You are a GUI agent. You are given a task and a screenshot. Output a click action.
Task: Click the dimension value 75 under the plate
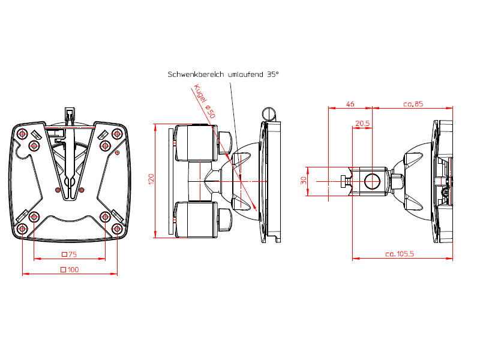(x=73, y=254)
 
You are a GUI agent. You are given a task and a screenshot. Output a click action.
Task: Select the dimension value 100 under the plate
(x=73, y=269)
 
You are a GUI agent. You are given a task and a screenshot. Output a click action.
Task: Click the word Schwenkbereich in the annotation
(x=196, y=74)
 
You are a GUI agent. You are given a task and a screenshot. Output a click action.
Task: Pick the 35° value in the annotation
(x=273, y=74)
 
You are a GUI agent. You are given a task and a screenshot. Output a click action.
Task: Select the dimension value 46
(x=350, y=104)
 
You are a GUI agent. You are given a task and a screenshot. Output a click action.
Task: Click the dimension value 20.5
(x=362, y=123)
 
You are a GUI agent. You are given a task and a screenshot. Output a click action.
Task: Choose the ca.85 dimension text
(x=413, y=104)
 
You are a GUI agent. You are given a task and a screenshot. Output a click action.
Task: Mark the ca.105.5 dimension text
(x=399, y=254)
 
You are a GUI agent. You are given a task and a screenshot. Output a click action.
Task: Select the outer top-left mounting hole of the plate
(x=22, y=133)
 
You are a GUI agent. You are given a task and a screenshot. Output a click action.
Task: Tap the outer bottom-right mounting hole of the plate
(x=117, y=229)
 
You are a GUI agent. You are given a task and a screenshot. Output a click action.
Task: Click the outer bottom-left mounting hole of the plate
(x=22, y=229)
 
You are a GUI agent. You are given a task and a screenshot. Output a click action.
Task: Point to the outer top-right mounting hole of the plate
(x=117, y=133)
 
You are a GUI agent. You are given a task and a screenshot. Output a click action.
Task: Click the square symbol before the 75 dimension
(x=64, y=254)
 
